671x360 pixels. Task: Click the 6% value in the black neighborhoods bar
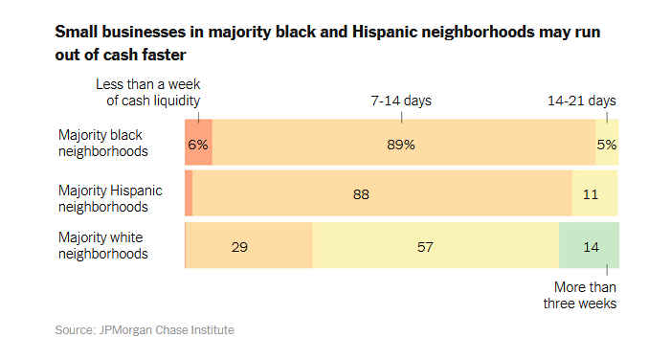click(198, 145)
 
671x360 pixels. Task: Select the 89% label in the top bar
click(401, 145)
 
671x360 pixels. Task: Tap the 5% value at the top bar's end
click(607, 145)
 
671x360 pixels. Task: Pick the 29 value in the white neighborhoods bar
click(240, 246)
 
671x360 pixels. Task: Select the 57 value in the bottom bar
click(426, 246)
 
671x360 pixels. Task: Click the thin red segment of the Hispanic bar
click(189, 194)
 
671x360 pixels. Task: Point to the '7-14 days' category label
click(401, 101)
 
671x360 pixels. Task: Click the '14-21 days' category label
click(581, 101)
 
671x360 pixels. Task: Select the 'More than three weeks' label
click(585, 296)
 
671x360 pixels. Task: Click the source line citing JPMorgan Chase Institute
click(144, 330)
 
